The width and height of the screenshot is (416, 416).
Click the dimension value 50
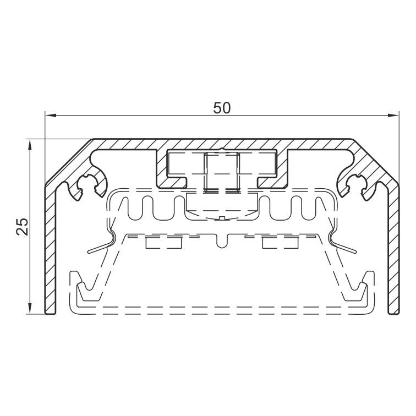[222, 108]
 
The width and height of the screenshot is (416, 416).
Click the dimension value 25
[22, 227]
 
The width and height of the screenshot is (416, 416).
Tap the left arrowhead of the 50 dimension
[51, 116]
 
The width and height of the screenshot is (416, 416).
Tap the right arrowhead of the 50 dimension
[393, 116]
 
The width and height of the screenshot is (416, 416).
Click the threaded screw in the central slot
[222, 172]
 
